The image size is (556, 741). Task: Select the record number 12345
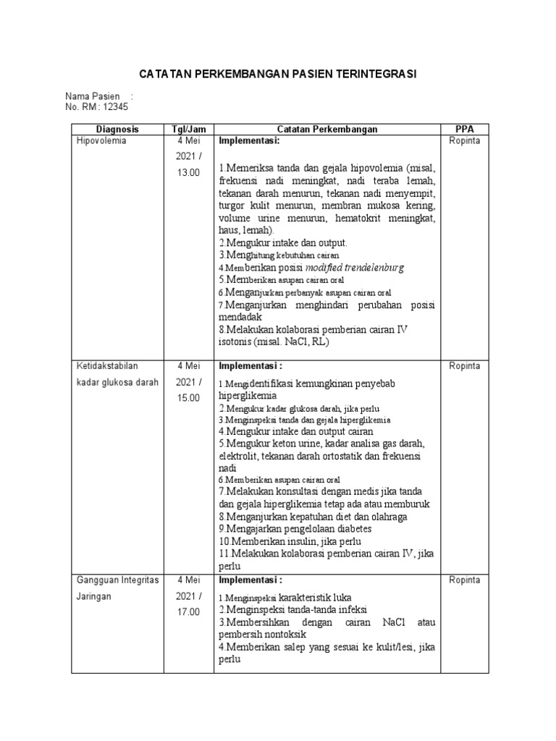(x=115, y=107)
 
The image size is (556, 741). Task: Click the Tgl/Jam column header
(x=188, y=129)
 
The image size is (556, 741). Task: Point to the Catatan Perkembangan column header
(x=327, y=129)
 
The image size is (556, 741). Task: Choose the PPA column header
(x=464, y=129)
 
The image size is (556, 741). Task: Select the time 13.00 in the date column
(x=188, y=172)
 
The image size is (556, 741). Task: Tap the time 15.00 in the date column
(x=188, y=397)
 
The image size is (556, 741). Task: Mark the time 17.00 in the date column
(x=188, y=611)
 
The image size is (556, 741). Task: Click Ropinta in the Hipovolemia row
(x=464, y=141)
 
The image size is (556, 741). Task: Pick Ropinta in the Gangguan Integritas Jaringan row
(x=464, y=580)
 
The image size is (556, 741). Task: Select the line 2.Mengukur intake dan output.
(x=283, y=242)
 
